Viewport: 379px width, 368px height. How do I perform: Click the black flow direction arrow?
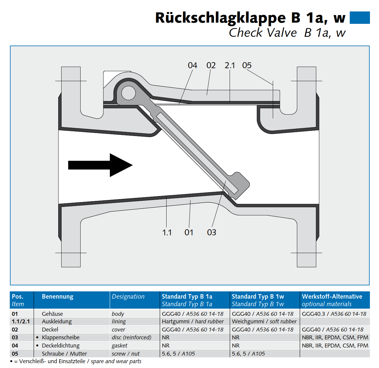pos(100,165)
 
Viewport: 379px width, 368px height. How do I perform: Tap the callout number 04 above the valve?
pos(193,65)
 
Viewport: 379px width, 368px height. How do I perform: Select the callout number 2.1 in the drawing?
pos(230,65)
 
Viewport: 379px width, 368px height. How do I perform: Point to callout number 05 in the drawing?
pos(247,65)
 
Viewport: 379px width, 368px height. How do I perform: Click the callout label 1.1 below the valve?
pos(167,233)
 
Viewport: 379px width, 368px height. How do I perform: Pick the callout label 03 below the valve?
pos(212,232)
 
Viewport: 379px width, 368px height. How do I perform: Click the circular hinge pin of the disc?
pos(129,93)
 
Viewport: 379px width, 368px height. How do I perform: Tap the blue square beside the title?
pos(359,18)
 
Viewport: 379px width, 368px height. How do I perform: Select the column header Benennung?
pos(58,297)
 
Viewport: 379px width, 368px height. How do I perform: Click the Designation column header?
pos(128,297)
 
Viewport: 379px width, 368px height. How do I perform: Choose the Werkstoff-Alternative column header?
pos(332,297)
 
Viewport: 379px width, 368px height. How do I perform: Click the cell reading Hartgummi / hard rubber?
pos(193,322)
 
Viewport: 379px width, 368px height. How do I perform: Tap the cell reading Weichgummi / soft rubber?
pos(264,322)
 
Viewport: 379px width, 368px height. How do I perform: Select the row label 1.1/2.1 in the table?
pos(21,322)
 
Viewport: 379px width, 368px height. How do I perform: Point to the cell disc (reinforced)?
pos(132,338)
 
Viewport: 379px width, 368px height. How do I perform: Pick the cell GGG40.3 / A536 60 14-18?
pos(334,314)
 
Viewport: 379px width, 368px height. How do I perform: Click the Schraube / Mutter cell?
pos(64,354)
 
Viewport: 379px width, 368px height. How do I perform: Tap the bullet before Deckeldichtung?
pos(37,346)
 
